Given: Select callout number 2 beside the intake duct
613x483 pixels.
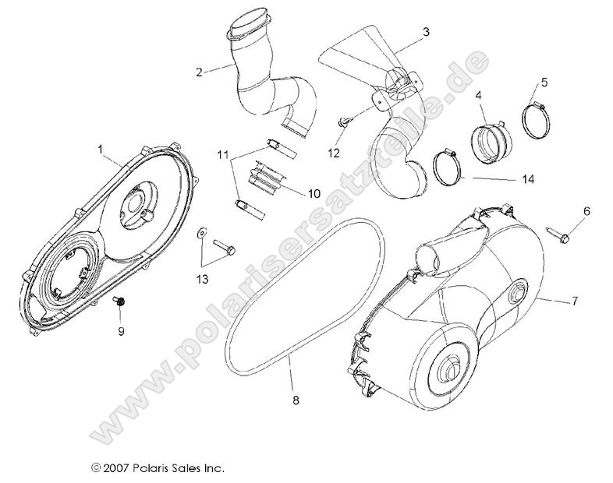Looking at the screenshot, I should click(x=200, y=72).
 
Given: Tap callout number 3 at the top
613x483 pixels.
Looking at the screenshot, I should click(x=425, y=32).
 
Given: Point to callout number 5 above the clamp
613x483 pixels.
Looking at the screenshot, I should click(x=544, y=82).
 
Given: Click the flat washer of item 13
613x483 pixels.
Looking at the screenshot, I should click(x=200, y=231).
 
